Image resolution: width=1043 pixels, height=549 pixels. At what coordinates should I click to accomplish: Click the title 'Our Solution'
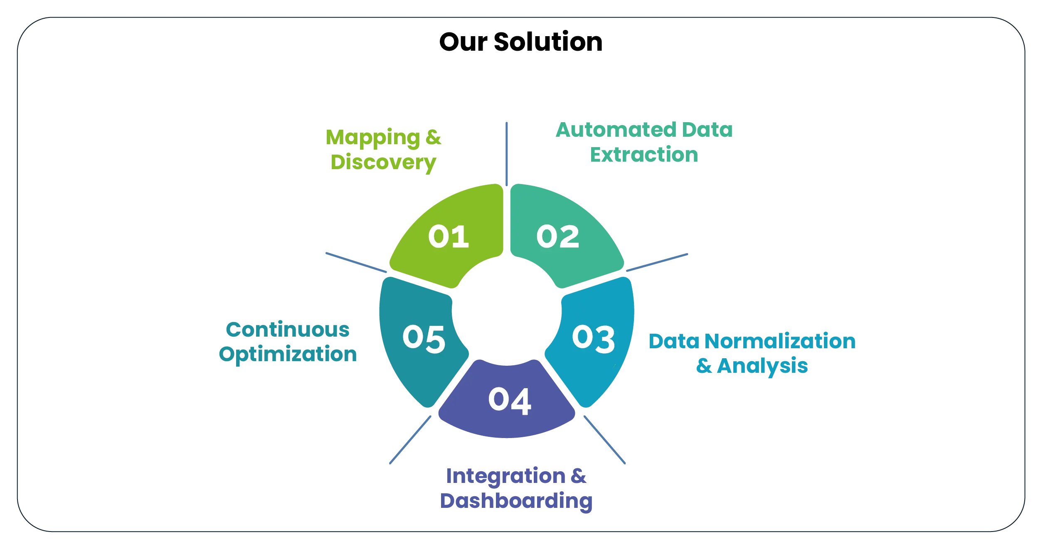click(520, 42)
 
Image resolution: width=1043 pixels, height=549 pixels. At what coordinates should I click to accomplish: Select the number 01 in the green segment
click(449, 236)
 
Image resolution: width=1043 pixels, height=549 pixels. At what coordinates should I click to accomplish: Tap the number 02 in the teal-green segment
click(557, 236)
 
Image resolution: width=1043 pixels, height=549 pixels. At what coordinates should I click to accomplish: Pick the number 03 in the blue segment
click(593, 339)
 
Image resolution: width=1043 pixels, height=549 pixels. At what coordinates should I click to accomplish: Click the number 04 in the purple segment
click(509, 400)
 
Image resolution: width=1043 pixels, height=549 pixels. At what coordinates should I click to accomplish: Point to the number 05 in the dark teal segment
click(424, 339)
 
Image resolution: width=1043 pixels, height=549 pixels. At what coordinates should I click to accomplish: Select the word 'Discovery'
click(383, 162)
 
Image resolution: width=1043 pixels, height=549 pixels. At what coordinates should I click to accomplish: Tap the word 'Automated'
click(616, 130)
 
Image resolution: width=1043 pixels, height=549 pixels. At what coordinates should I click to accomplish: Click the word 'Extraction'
click(644, 155)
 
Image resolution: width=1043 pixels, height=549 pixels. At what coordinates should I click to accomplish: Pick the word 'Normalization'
click(781, 342)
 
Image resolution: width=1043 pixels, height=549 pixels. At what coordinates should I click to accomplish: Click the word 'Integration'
click(505, 476)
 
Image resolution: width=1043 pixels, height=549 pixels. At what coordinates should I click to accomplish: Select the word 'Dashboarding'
click(515, 501)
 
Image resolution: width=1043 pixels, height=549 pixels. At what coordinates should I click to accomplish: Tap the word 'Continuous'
click(288, 330)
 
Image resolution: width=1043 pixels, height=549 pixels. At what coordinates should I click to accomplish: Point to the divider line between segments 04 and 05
click(410, 439)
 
